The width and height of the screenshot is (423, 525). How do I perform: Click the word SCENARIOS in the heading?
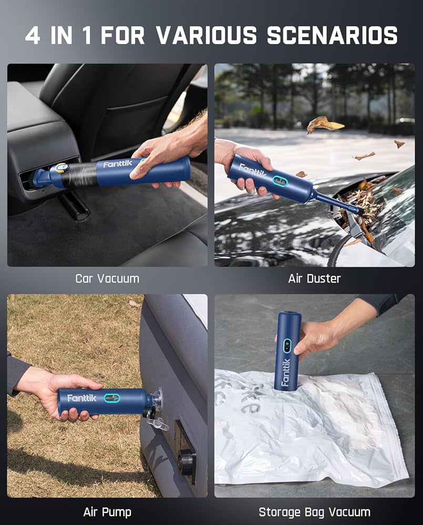[332, 35]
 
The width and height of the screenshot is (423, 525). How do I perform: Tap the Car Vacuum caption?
[107, 278]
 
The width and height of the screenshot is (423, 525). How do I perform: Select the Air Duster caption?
[315, 278]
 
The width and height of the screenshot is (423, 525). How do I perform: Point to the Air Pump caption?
[107, 511]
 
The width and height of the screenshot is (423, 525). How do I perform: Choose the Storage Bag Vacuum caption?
[314, 511]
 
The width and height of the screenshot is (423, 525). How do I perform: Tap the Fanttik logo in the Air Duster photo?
[249, 171]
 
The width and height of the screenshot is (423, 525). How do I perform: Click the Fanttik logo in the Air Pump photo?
[81, 398]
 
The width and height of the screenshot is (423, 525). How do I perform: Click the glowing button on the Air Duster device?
[279, 182]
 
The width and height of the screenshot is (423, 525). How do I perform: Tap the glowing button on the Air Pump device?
[111, 398]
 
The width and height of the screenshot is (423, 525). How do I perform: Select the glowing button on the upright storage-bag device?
[287, 345]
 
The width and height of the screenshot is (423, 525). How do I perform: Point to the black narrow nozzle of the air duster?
[336, 203]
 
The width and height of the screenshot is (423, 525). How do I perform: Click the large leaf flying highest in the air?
[324, 124]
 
